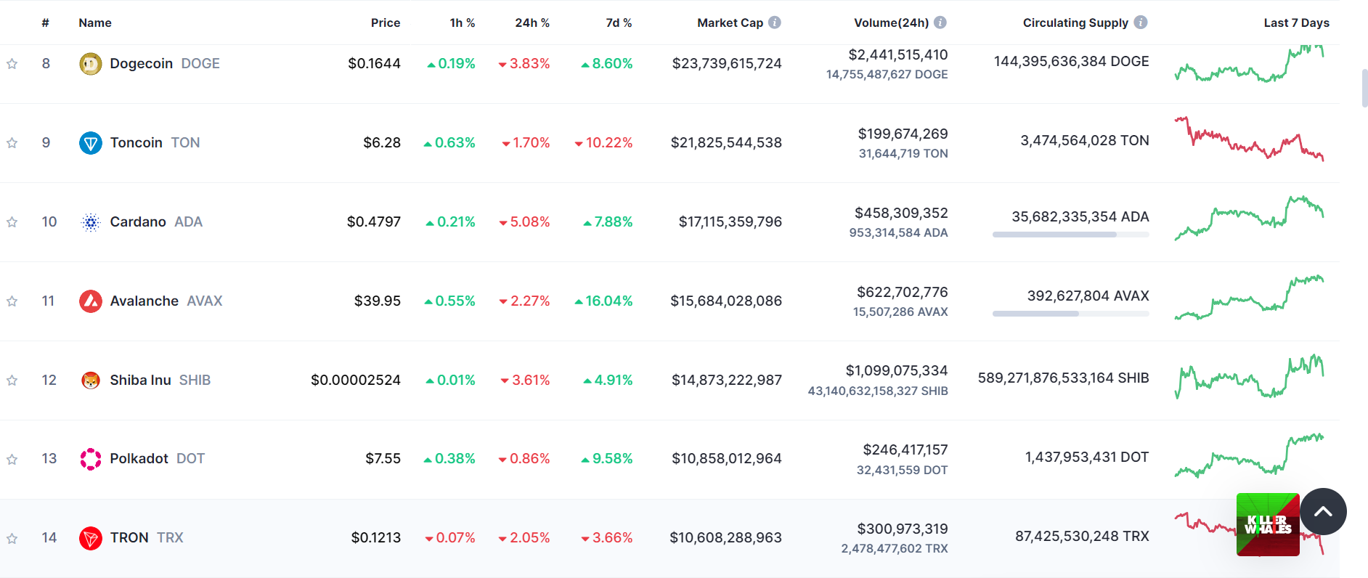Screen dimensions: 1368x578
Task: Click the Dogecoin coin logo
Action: (x=90, y=64)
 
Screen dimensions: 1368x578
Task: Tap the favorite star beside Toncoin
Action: (x=12, y=143)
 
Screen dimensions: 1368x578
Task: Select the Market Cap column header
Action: (x=730, y=23)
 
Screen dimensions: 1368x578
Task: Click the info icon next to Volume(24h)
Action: (x=940, y=23)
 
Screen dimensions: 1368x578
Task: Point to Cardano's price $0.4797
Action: (x=373, y=221)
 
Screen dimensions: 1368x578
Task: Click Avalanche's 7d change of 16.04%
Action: (x=603, y=301)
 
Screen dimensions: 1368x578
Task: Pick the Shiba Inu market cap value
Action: (x=726, y=380)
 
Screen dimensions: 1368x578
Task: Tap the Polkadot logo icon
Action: (x=90, y=459)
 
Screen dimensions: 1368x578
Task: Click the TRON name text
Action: (x=129, y=537)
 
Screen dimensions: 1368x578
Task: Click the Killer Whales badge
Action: (x=1268, y=525)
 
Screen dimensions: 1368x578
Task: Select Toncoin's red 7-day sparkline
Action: (x=1249, y=138)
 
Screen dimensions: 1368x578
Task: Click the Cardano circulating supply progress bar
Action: (x=1070, y=235)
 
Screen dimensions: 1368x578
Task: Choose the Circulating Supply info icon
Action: (x=1141, y=23)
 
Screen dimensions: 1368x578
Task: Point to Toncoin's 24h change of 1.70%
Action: (x=526, y=142)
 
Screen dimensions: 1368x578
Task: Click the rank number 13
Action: (x=49, y=458)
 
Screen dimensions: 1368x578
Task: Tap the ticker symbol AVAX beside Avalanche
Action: (x=205, y=301)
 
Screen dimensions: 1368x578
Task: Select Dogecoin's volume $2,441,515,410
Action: (x=897, y=54)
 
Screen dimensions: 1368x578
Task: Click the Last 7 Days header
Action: (x=1296, y=23)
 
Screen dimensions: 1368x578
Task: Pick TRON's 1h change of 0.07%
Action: (x=449, y=537)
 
